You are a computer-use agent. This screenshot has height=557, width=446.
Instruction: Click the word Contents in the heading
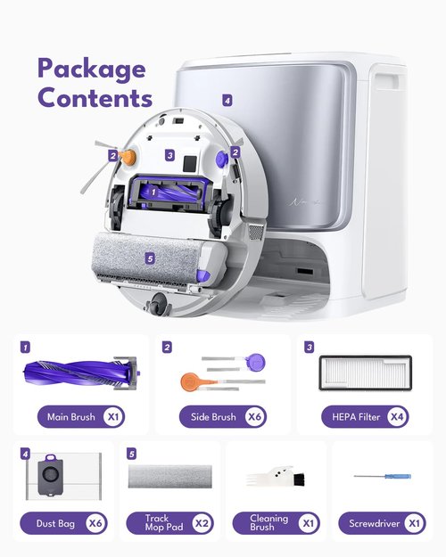pos(95,97)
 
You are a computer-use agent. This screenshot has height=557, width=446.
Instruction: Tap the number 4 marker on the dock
pos(227,101)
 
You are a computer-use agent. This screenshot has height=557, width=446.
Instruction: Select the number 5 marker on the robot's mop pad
pos(150,258)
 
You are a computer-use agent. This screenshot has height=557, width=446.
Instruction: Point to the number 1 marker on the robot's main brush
pos(153,192)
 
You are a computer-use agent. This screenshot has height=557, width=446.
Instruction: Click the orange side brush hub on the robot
pos(128,157)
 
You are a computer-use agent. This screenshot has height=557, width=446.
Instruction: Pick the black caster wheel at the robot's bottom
pos(158,305)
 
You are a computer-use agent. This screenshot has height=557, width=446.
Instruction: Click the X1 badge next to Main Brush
pos(113,416)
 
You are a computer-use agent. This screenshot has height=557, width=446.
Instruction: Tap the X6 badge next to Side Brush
pos(254,416)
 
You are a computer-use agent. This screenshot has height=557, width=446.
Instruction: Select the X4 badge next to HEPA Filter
pos(397,416)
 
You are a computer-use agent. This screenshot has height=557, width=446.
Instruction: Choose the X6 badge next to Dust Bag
pos(95,523)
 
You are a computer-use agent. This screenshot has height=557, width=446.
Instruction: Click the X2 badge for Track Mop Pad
pos(202,523)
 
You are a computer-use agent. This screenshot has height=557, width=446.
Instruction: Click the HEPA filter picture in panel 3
pos(365,373)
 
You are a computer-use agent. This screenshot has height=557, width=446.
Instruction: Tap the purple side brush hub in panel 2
pos(256,363)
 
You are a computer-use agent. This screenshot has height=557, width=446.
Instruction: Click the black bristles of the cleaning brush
pos(298,479)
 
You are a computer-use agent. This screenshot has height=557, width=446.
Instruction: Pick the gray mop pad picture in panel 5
pos(170,477)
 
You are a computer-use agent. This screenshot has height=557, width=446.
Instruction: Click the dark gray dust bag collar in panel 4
pos(50,475)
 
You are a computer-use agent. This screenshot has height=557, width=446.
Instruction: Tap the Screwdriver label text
pos(374,523)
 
